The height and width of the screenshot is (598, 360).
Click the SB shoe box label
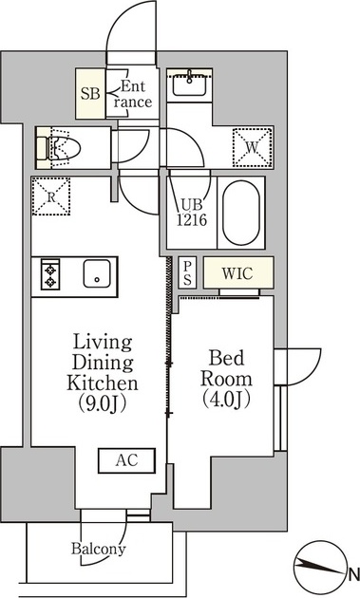click(90, 93)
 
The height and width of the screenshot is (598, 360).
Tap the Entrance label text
click(132, 94)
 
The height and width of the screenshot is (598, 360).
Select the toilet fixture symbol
click(58, 148)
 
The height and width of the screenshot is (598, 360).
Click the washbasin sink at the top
click(189, 85)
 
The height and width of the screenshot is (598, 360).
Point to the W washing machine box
click(253, 147)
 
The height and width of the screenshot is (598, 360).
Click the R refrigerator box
click(50, 196)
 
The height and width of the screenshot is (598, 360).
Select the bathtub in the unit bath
click(241, 213)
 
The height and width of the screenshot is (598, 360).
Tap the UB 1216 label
click(192, 213)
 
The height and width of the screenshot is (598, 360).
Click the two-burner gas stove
click(50, 274)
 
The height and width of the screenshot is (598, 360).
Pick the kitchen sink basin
click(97, 273)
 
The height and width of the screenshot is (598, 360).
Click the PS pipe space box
click(187, 272)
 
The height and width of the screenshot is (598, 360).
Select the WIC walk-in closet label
click(237, 273)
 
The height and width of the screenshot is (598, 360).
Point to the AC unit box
click(126, 460)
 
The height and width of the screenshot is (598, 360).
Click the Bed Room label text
click(226, 368)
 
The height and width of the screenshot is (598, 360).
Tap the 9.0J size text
click(103, 403)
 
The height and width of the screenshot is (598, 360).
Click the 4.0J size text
click(226, 399)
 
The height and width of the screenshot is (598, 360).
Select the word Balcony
click(99, 550)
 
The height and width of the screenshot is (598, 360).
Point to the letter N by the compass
click(354, 572)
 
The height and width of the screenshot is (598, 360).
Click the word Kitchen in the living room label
click(103, 383)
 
